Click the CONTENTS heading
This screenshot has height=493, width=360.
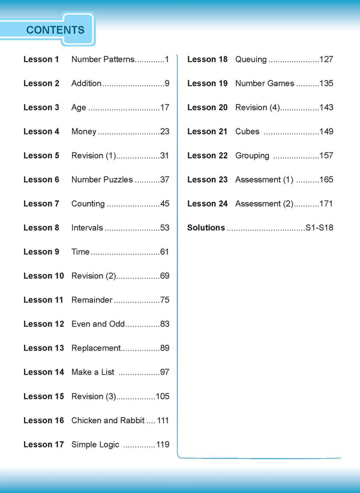click(x=55, y=30)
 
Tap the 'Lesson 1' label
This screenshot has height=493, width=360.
click(x=41, y=59)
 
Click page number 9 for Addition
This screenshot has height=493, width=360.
click(x=167, y=83)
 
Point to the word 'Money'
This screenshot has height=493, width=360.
click(x=84, y=132)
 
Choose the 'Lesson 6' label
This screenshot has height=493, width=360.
click(x=41, y=180)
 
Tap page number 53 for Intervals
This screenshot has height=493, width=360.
click(x=165, y=228)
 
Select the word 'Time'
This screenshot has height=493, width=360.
click(x=80, y=252)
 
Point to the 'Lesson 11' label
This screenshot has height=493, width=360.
click(x=43, y=300)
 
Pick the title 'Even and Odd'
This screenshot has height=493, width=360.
click(x=98, y=324)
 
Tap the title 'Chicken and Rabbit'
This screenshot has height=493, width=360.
click(x=108, y=420)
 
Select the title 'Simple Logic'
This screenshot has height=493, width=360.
click(x=95, y=444)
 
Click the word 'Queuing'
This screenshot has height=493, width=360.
click(x=251, y=59)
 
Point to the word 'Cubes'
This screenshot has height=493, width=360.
click(x=247, y=132)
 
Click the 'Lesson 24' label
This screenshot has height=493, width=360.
click(x=208, y=204)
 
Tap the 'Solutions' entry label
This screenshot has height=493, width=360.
click(x=206, y=228)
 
